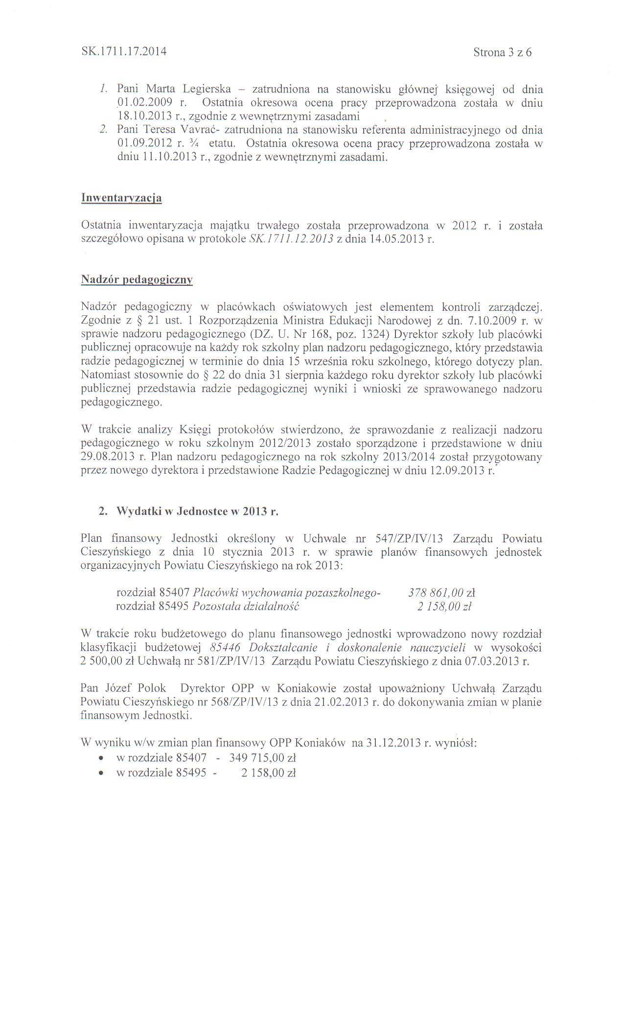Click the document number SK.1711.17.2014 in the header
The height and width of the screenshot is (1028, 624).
pos(123,51)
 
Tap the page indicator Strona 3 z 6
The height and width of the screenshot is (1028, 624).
pos(502,52)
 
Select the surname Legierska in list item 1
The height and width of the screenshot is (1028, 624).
pos(207,89)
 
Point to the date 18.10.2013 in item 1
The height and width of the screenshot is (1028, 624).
pos(144,116)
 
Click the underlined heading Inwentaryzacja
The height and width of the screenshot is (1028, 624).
pos(121,198)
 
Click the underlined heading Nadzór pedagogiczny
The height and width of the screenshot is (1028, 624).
pos(137,280)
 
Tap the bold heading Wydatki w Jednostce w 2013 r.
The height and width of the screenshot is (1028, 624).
pos(197,512)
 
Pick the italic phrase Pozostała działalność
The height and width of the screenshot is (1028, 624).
pos(246,607)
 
